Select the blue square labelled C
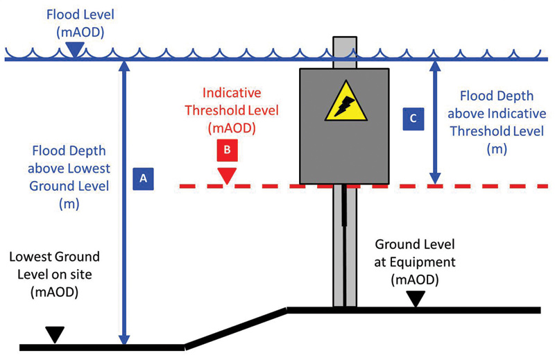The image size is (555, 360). pyautogui.click(x=413, y=119)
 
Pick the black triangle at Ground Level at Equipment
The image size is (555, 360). pyautogui.click(x=415, y=298)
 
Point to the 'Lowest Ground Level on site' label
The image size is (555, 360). pyautogui.click(x=55, y=273)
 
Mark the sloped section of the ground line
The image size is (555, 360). pyautogui.click(x=236, y=326)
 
